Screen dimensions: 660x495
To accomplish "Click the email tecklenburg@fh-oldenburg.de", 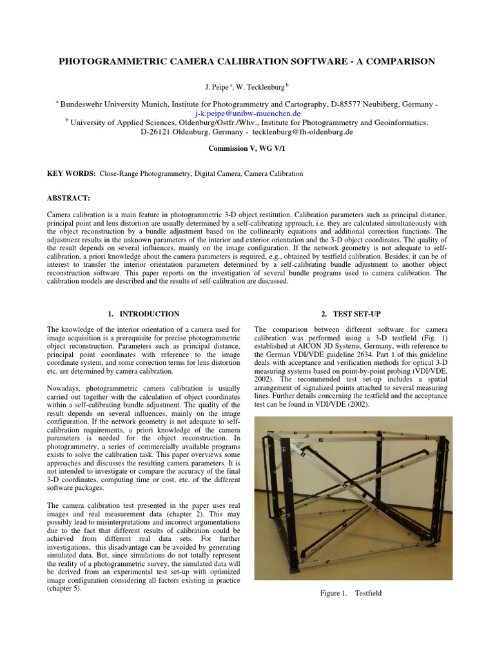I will tap(302, 131).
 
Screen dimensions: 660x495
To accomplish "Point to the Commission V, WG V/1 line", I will tap(247, 148).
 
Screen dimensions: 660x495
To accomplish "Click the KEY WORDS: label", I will tap(71, 174).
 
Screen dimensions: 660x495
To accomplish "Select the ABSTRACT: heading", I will tap(69, 198).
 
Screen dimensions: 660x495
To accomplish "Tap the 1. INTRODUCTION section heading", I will tap(143, 314).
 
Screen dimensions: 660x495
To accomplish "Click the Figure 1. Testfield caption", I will tap(351, 593).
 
